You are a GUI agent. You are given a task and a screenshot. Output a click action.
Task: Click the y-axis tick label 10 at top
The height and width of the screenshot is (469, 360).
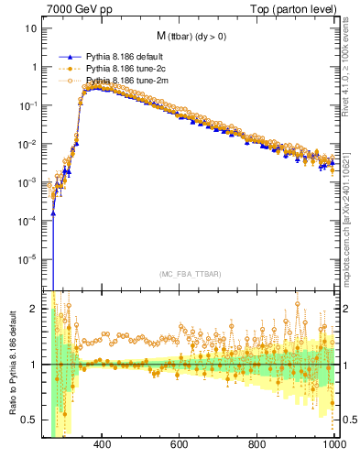[31, 28]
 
